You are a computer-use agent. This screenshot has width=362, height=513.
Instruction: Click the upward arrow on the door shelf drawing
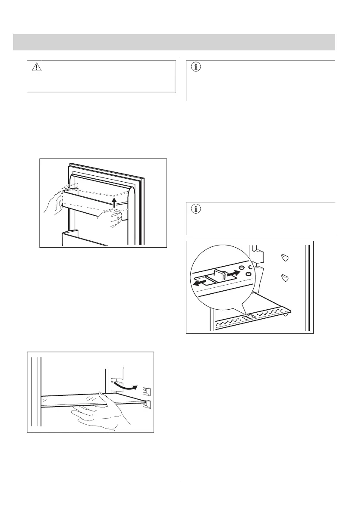point(114,202)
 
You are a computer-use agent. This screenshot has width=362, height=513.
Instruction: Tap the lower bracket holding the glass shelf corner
point(146,404)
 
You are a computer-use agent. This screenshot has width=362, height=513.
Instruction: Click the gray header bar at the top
point(174,42)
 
